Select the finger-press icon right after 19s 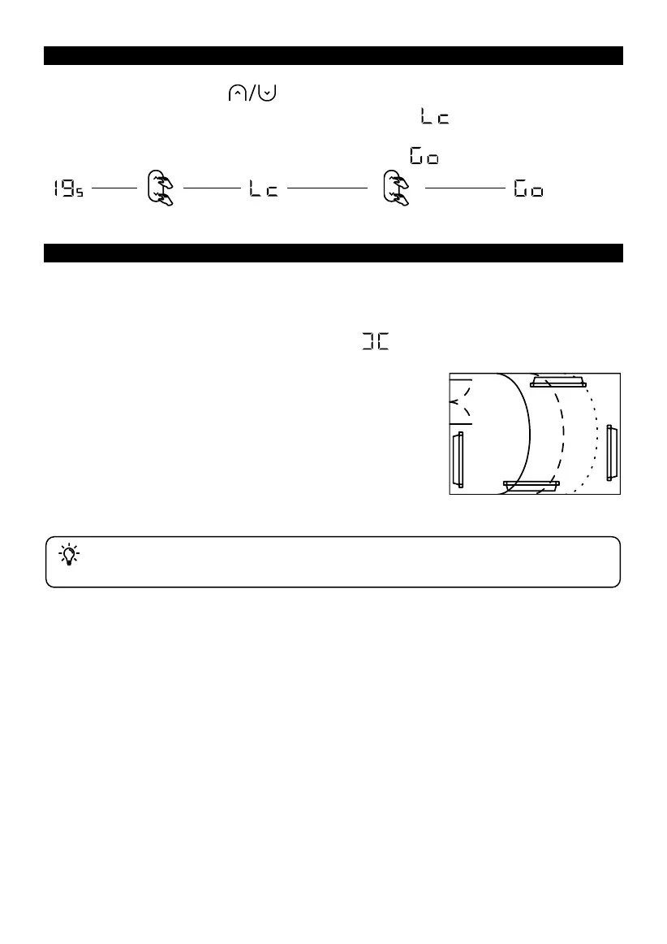point(159,188)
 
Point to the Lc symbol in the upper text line point(435,119)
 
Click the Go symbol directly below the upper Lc point(424,156)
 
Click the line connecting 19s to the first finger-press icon point(114,188)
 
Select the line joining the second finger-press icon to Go point(465,188)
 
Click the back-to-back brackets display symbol point(376,344)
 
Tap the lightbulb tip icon point(69,555)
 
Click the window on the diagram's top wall point(558,382)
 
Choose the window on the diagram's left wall point(458,459)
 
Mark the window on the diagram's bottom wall point(531,486)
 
